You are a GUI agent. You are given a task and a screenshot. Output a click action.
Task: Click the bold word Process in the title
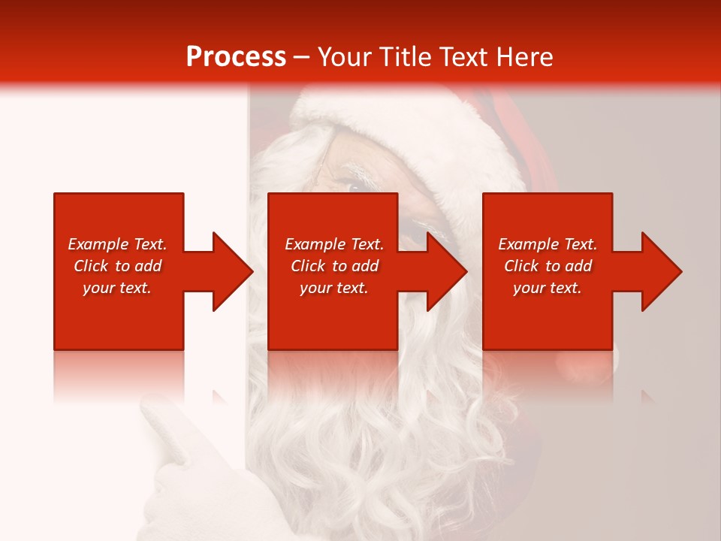click(x=236, y=57)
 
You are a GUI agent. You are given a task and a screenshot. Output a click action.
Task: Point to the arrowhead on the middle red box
click(x=446, y=271)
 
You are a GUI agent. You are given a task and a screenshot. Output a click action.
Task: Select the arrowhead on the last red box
click(x=661, y=271)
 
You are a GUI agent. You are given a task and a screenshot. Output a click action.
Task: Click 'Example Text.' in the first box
click(x=117, y=244)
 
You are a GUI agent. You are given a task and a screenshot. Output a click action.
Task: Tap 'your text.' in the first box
click(x=117, y=288)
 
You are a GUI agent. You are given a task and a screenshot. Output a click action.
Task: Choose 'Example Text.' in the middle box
click(x=334, y=244)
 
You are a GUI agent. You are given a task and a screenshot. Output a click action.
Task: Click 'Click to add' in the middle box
click(x=334, y=266)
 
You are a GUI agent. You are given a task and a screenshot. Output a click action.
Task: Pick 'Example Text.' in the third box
click(x=548, y=244)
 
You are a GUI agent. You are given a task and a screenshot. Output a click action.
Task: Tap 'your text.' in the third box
click(x=548, y=288)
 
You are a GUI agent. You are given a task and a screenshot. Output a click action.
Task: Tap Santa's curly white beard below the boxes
click(x=360, y=451)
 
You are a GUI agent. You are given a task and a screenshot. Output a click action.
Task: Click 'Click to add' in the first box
click(x=117, y=266)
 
